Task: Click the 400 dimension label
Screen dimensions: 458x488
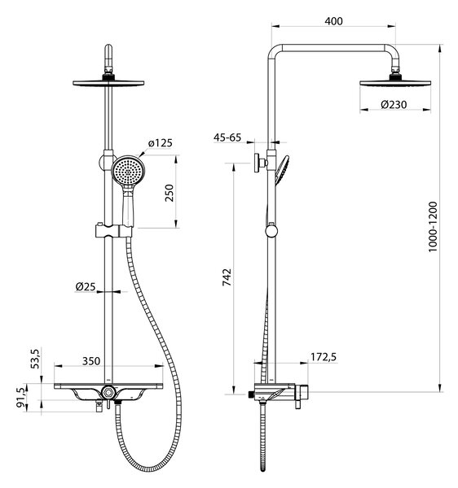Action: (333, 21)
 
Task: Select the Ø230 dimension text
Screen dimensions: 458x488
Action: (394, 105)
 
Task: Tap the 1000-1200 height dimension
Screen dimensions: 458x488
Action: (433, 227)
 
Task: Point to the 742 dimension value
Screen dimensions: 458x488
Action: (227, 277)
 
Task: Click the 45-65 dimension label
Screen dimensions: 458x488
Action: (227, 137)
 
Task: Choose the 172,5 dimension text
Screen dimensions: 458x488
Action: (324, 357)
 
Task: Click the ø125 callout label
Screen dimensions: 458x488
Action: (161, 143)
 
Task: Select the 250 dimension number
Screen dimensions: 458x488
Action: (169, 193)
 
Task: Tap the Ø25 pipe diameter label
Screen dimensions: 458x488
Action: (85, 286)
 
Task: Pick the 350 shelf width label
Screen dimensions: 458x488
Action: (91, 361)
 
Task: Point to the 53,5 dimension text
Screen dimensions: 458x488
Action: (35, 359)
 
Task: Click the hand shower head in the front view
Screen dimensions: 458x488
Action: (128, 171)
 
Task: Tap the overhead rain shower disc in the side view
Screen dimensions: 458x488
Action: (395, 83)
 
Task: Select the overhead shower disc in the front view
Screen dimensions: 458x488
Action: (108, 83)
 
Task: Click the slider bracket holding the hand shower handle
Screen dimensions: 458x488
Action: (113, 231)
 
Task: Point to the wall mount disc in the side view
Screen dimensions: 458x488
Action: (258, 163)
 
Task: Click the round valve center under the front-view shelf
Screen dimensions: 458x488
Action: (108, 392)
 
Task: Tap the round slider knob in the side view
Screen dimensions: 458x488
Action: (271, 231)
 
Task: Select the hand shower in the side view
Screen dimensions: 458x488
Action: (281, 170)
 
